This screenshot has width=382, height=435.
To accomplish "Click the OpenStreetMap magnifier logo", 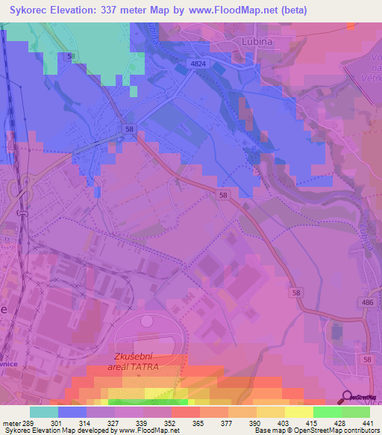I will pos(346,398).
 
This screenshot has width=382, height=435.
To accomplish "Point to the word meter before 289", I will pos(11,423).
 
